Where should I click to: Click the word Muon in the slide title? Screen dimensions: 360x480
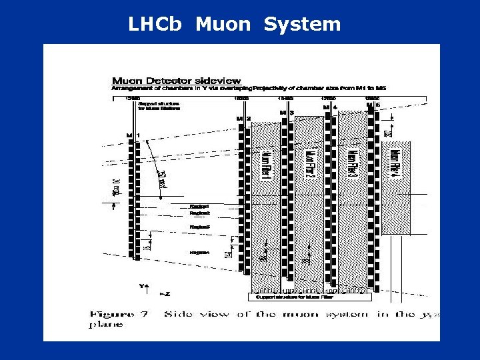click(x=223, y=25)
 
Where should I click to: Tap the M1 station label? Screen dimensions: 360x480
click(x=133, y=136)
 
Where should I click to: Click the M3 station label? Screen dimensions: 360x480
click(x=287, y=113)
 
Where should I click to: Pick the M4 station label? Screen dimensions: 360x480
click(x=330, y=107)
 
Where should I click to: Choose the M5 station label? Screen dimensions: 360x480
click(x=373, y=105)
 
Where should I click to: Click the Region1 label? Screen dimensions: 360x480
click(x=200, y=207)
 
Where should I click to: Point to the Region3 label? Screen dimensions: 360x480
click(x=200, y=227)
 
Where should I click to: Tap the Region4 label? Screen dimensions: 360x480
click(x=200, y=252)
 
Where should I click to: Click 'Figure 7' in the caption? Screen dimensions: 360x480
click(x=119, y=313)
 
